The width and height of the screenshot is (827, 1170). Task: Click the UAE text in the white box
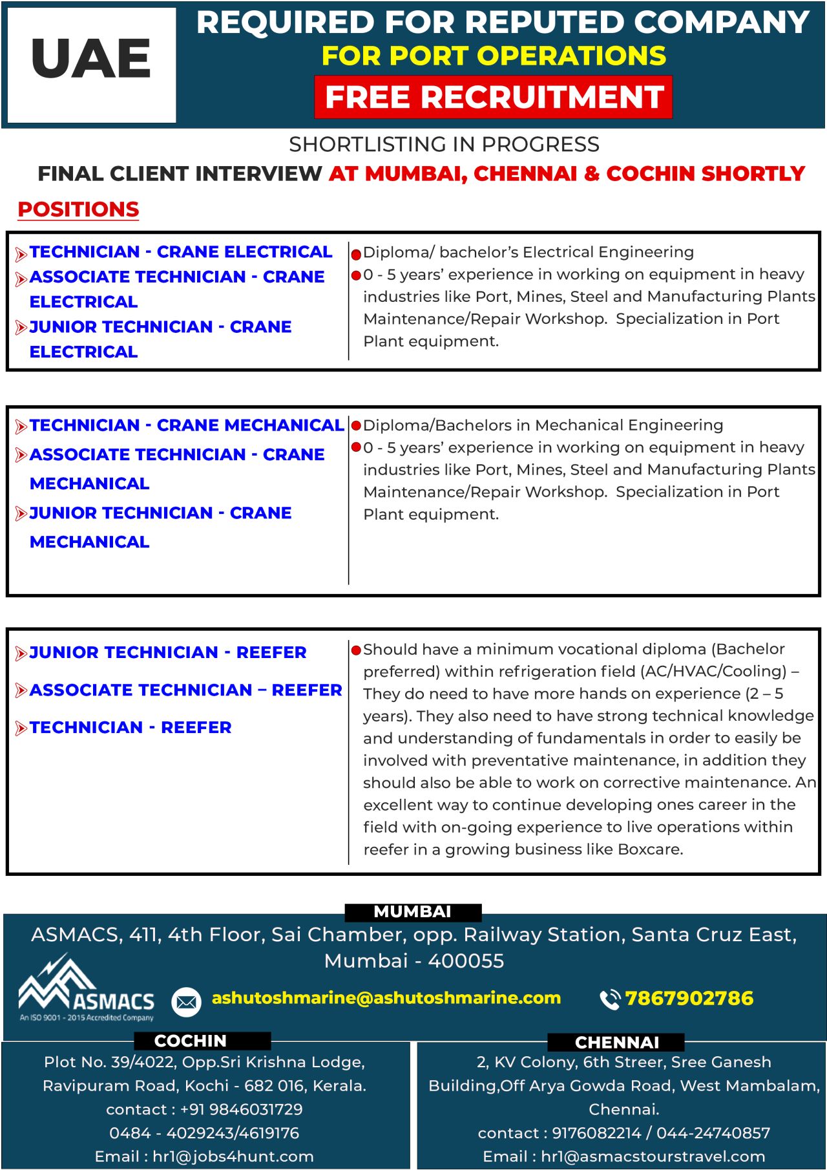(91, 59)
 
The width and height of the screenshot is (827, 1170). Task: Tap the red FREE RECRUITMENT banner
(494, 97)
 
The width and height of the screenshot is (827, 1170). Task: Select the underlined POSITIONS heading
(78, 209)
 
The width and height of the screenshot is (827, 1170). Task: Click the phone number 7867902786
(689, 998)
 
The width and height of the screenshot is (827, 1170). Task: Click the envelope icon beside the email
(186, 1002)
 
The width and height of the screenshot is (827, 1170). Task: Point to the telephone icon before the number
(609, 999)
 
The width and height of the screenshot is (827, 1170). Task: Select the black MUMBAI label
(413, 911)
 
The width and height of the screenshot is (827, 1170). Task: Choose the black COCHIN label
(191, 1041)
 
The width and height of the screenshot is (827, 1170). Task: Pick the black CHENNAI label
(616, 1042)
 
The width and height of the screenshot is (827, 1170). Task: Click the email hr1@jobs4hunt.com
(233, 1156)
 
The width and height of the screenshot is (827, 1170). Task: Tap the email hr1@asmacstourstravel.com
(653, 1156)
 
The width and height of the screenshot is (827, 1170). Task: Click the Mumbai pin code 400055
(466, 961)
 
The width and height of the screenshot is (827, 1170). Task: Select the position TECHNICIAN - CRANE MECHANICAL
(186, 425)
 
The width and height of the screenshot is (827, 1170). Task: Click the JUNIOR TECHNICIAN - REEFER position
(168, 652)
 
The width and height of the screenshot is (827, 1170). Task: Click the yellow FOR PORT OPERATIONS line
(494, 56)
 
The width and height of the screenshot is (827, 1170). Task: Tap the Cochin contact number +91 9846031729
(241, 1109)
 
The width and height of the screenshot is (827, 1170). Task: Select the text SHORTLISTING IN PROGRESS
(444, 144)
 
